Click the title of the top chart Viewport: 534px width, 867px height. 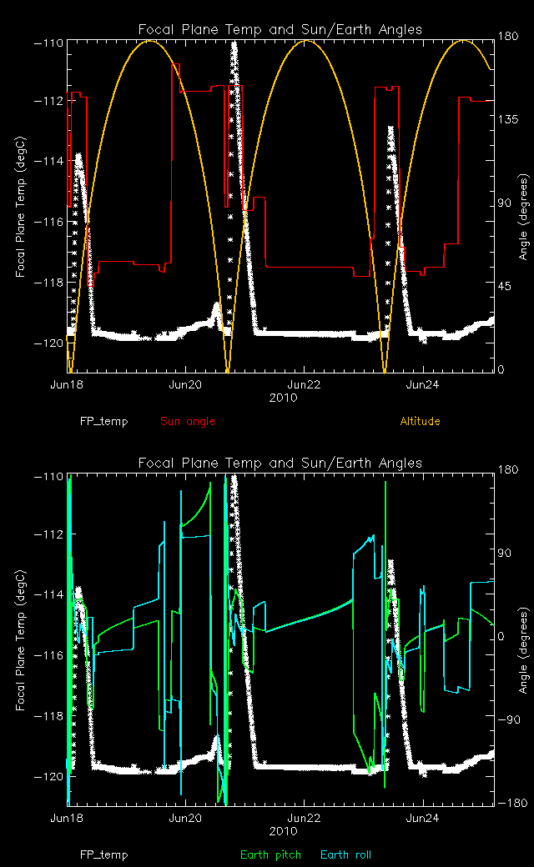[x=280, y=30]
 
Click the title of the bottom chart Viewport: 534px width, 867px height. [x=280, y=464]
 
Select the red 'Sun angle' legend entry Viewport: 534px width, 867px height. [x=187, y=421]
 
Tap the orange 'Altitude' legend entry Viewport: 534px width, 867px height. [x=420, y=421]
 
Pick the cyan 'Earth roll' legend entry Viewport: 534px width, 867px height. [x=345, y=854]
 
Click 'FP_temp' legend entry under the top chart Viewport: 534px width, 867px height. [x=104, y=421]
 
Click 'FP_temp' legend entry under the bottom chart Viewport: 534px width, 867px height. [x=104, y=854]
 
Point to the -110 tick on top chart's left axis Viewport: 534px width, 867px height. [x=49, y=42]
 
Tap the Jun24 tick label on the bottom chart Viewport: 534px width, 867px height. [x=423, y=819]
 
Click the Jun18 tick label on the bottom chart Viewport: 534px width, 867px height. [x=68, y=819]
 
